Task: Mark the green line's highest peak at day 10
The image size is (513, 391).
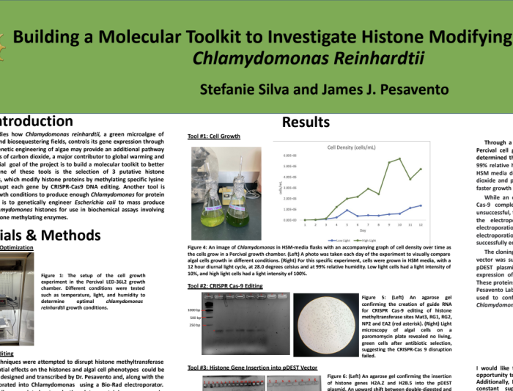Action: coord(399,158)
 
